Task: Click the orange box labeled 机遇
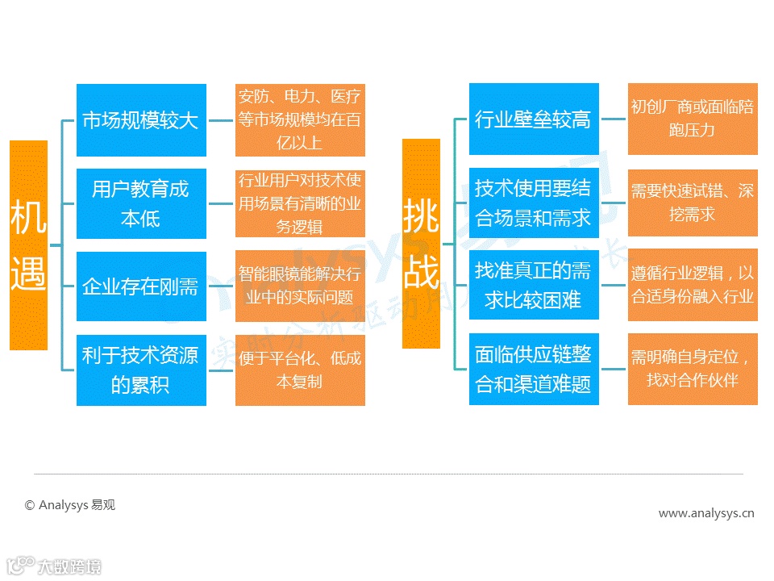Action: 28,245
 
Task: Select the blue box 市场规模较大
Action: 141,120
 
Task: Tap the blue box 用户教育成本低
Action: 141,203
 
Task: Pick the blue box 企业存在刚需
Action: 141,286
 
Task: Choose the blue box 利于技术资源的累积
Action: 141,370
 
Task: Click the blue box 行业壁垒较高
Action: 534,119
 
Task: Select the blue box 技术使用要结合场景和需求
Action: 534,203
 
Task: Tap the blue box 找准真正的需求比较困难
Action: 534,285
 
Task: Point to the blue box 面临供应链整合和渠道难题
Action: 534,369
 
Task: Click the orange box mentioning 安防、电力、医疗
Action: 300,120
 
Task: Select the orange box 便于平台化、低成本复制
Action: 300,370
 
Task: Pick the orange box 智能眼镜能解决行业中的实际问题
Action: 300,286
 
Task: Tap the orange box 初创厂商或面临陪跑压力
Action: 693,119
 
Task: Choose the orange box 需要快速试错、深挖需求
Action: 693,203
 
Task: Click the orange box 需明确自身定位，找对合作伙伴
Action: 693,369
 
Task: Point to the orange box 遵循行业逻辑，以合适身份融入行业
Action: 693,285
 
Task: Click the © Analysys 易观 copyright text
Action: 70,505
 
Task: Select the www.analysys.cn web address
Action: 706,512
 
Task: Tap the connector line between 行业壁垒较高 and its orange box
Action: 614,119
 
